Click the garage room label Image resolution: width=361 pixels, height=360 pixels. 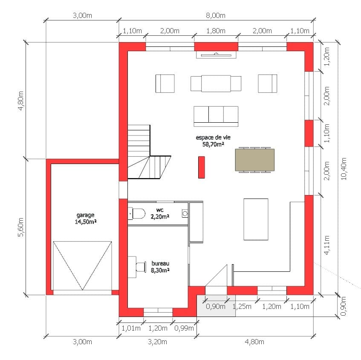coord(85,218)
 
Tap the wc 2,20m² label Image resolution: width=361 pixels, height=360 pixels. coord(160,213)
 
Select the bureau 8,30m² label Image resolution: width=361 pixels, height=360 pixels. coord(160,267)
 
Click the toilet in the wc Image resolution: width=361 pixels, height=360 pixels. coord(137,213)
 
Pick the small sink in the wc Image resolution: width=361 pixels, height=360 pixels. coord(185,213)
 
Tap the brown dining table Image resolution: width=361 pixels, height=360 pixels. coord(254,160)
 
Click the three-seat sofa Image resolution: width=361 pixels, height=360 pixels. coord(216,116)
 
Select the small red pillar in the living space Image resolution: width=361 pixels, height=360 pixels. coord(202,167)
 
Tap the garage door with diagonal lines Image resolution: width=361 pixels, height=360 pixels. coord(82,265)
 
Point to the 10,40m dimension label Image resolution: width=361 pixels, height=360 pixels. coord(343,169)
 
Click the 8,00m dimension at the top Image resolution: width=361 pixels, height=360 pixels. coord(216,15)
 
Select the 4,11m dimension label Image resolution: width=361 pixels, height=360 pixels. coord(327,245)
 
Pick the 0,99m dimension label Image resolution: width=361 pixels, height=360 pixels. coord(184,328)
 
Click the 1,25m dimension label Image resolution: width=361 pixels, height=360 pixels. coord(242,306)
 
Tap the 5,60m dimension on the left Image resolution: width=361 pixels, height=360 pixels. coord(21,227)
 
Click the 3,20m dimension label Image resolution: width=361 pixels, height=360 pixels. coord(157,342)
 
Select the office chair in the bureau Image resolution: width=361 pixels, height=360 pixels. coord(141,267)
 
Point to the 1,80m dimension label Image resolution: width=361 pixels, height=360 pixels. coord(216,31)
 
